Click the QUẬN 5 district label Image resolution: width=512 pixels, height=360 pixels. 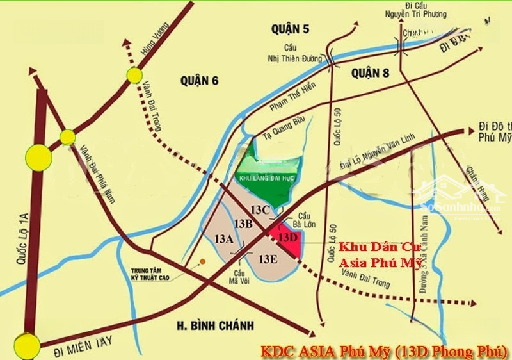(x=289, y=28)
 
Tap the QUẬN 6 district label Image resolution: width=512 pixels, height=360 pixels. (x=199, y=80)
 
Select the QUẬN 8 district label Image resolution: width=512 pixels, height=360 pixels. (x=370, y=74)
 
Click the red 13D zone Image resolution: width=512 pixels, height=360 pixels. (x=285, y=238)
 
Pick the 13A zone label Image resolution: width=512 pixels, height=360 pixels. (x=224, y=240)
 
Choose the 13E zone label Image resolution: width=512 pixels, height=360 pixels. (x=268, y=259)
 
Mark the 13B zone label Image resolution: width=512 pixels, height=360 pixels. (x=243, y=224)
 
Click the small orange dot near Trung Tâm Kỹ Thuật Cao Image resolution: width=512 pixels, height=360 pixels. (x=202, y=261)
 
